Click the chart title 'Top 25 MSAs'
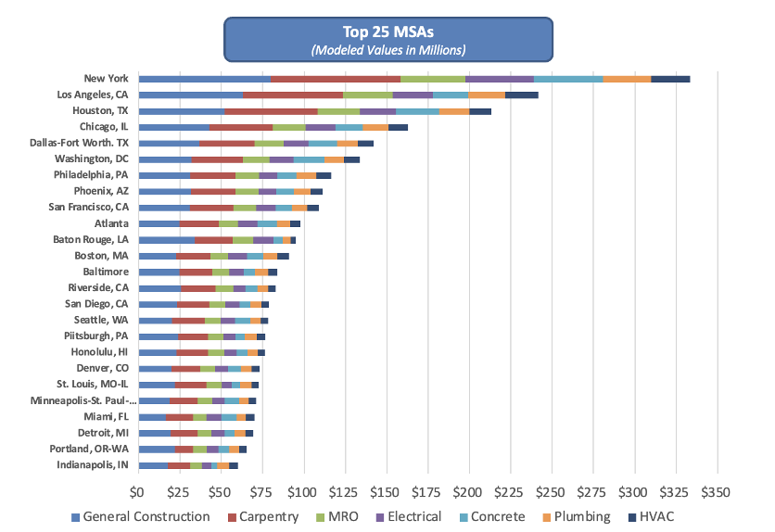(x=387, y=32)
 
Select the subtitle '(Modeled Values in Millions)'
(x=387, y=49)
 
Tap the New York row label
(x=106, y=79)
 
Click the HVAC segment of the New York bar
(x=670, y=79)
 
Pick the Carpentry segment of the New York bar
(x=336, y=79)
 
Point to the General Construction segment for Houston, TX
(x=181, y=111)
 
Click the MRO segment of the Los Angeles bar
(x=368, y=95)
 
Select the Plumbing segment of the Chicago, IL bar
(x=375, y=127)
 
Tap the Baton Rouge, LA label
(x=91, y=239)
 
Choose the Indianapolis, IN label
(x=93, y=464)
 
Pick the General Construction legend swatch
(x=75, y=516)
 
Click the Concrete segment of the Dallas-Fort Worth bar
(x=323, y=143)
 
